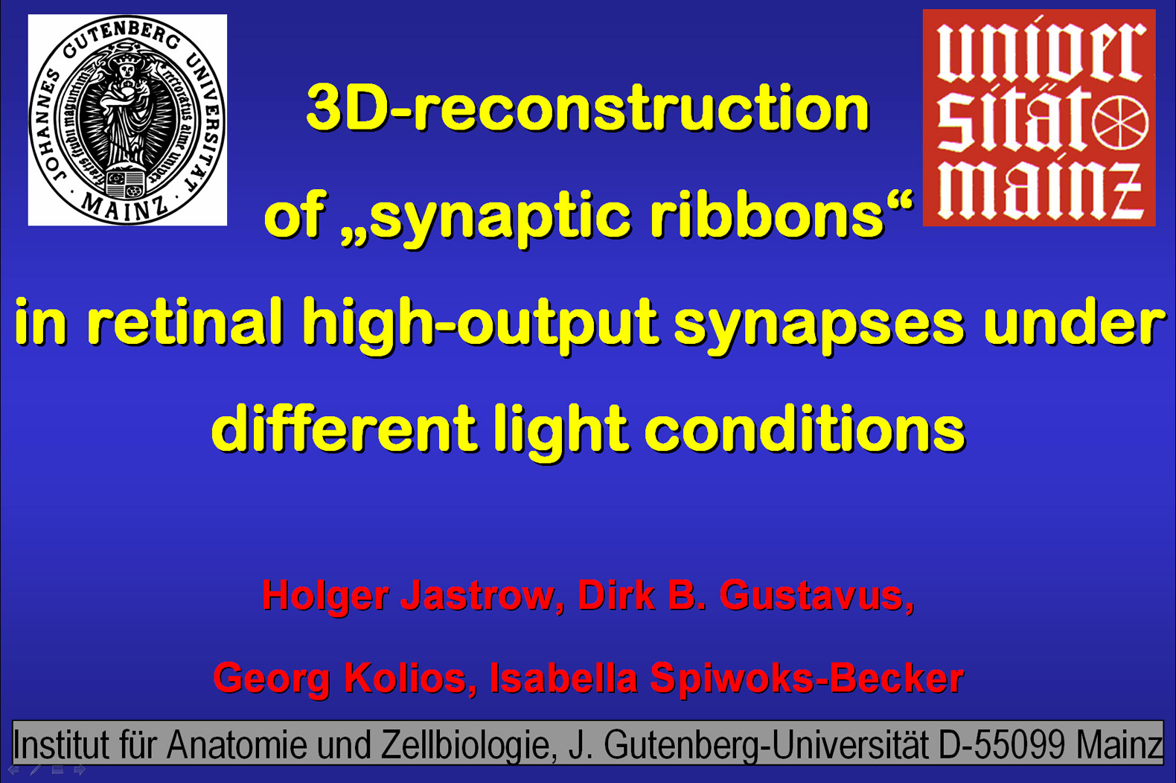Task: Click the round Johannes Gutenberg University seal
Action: (x=127, y=121)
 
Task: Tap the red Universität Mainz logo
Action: (x=1039, y=118)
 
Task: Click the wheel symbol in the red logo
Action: (x=1120, y=125)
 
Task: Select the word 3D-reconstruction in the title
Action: (x=587, y=109)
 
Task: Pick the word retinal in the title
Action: (x=185, y=322)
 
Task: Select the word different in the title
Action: (x=345, y=428)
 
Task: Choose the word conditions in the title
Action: (x=805, y=428)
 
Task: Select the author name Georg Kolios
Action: (x=345, y=679)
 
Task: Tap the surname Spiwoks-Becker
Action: (x=807, y=680)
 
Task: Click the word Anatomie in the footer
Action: (x=237, y=744)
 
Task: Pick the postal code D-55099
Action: (x=1002, y=744)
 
